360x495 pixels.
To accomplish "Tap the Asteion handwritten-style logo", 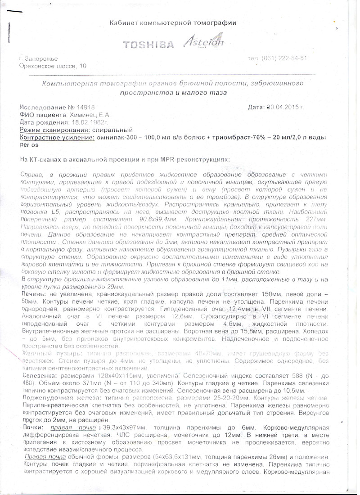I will click(x=203, y=42).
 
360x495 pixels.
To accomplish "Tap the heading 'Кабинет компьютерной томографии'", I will click(x=173, y=23).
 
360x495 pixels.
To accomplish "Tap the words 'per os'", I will click(x=29, y=144).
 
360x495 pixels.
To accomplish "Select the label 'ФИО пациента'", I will click(x=43, y=115).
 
